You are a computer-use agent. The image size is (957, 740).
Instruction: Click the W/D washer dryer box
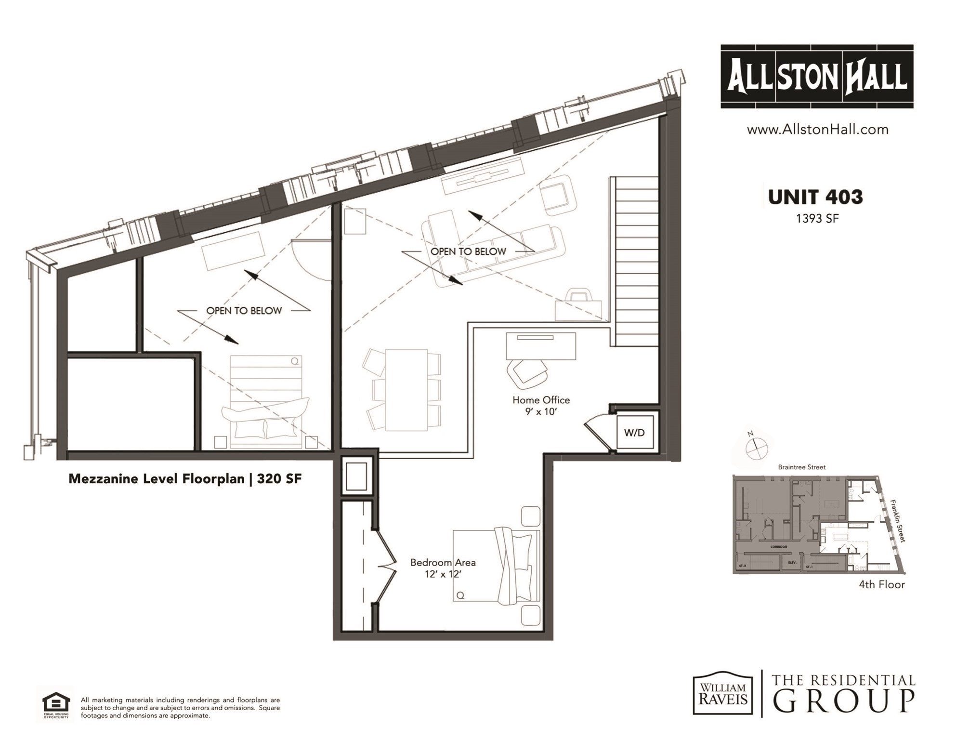635,432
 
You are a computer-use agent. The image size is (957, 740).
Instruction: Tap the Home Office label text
541,400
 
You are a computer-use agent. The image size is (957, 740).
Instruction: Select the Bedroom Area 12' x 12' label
443,568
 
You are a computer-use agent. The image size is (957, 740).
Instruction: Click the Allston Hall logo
817,77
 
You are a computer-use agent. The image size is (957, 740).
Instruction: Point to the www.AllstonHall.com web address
817,129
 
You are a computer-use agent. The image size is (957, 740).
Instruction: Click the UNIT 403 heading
815,197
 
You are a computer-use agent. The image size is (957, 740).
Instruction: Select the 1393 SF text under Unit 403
817,218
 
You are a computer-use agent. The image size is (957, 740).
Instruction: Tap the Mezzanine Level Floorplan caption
185,478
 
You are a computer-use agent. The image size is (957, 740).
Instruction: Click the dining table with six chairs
406,390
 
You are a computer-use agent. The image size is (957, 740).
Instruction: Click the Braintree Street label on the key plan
801,467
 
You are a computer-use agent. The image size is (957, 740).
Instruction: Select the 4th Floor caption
881,584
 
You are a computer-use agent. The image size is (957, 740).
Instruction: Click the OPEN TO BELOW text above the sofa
468,251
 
